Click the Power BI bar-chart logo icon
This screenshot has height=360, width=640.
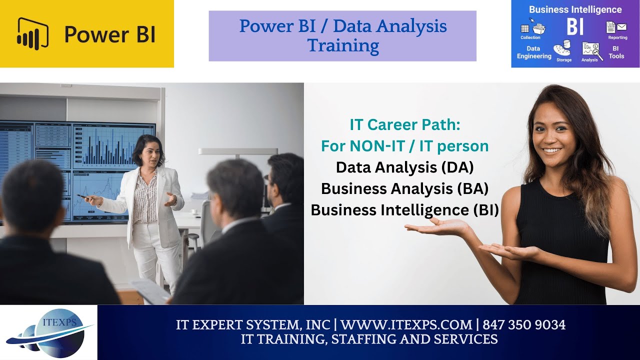click(32, 33)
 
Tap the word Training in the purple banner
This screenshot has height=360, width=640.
click(343, 45)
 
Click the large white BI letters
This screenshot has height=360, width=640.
click(575, 26)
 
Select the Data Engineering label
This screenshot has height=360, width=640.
click(534, 52)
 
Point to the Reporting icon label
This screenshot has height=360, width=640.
click(617, 37)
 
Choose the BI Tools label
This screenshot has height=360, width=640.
click(616, 52)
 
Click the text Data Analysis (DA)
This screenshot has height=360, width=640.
click(404, 167)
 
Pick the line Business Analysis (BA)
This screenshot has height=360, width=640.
click(404, 188)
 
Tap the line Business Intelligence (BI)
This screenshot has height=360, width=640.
click(404, 210)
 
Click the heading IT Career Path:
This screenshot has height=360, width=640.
click(404, 124)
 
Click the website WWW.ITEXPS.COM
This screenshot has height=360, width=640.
click(406, 325)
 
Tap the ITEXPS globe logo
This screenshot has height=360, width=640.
click(49, 332)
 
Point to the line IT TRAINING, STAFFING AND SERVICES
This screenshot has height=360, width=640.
click(369, 339)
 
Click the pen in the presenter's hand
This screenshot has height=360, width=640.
click(81, 196)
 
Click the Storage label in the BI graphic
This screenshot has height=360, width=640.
click(563, 60)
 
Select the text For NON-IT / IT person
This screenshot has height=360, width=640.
click(404, 146)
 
